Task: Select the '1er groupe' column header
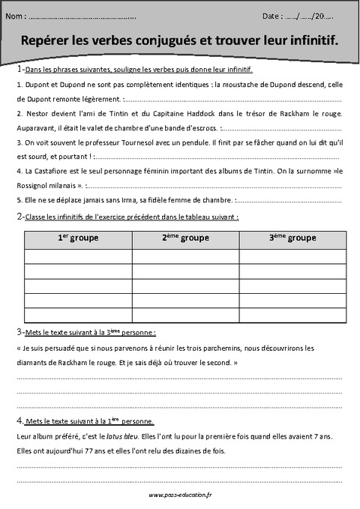[x=78, y=238]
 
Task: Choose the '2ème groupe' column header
[x=185, y=238]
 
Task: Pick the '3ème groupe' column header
[x=292, y=238]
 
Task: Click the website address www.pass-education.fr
[x=180, y=495]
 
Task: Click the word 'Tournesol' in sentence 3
[x=139, y=142]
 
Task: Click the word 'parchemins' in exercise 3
[x=218, y=348]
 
